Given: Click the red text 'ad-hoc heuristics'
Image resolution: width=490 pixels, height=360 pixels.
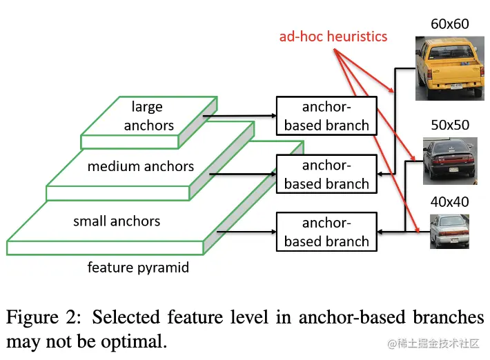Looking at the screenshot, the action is coord(333,37).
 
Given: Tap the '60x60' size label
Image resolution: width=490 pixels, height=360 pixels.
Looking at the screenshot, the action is coord(450,24).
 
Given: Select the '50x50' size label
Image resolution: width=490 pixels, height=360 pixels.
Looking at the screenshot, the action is coord(450,125).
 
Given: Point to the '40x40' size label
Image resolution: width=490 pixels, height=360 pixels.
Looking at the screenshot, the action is coord(450,202).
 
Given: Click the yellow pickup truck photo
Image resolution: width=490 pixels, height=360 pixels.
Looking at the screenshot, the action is coord(450,68).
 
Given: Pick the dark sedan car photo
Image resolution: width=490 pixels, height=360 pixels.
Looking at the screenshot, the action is coord(450,161).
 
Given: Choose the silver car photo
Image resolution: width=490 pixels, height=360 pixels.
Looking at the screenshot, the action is coord(449,231).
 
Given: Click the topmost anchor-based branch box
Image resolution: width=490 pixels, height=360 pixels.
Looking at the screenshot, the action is coord(326,116).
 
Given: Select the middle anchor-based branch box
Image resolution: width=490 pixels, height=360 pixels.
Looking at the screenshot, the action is coord(326,174).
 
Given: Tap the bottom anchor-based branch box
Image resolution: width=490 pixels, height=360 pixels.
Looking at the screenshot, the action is coord(326,232).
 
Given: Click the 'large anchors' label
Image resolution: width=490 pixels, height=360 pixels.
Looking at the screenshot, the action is coord(148,116).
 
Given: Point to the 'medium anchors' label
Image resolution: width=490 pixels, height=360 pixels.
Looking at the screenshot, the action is coord(141,166).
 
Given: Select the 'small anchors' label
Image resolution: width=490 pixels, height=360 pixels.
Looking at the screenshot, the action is coord(117,221).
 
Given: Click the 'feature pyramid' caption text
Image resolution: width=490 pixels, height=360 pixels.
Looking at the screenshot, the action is coord(138,268).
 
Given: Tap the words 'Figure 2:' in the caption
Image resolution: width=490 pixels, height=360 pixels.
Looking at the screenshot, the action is coord(43,317).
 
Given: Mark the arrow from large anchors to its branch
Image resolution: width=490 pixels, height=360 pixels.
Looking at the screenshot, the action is coord(239,116).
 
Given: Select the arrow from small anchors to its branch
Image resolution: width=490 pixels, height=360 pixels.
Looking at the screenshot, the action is coord(246,232).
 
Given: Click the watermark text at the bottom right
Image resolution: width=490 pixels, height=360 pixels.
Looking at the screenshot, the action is coord(433,343).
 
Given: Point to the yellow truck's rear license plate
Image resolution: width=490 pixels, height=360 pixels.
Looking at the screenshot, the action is coord(456,86).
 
